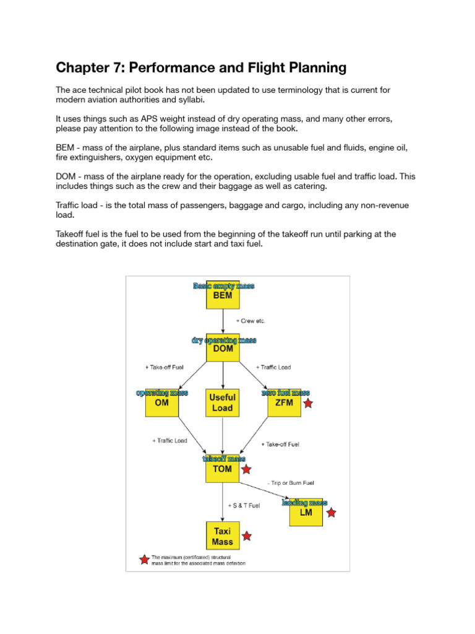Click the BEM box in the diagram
(x=223, y=296)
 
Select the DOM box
(x=223, y=349)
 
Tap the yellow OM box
(x=161, y=402)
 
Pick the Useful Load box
(x=223, y=403)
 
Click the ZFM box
(x=284, y=403)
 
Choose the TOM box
(x=223, y=469)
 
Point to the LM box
(x=306, y=513)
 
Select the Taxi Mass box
(x=223, y=536)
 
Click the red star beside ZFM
(x=308, y=404)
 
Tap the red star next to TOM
(x=246, y=469)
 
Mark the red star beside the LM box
(x=332, y=513)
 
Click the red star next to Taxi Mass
(x=246, y=536)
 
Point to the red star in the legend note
(x=144, y=560)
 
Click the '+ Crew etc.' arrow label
(x=250, y=321)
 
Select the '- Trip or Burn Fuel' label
(x=294, y=483)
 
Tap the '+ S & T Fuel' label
(x=244, y=505)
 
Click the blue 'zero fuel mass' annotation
(x=285, y=393)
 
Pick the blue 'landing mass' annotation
(x=304, y=503)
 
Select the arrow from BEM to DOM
(x=223, y=322)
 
